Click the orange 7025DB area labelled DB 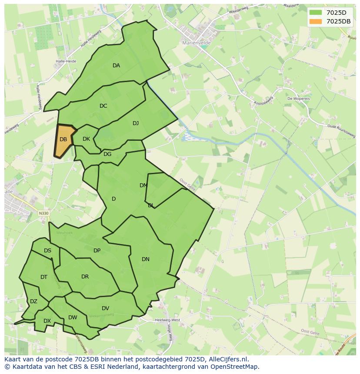tap(63, 140)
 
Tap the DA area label tap(116, 66)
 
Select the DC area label tap(103, 106)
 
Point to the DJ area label tap(136, 123)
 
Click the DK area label tap(86, 139)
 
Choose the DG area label tap(107, 154)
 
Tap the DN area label tap(146, 259)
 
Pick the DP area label tap(97, 251)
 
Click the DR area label tap(85, 277)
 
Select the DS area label tap(47, 251)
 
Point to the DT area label tap(44, 277)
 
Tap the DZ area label tap(33, 301)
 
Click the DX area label tap(47, 321)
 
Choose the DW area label tap(73, 318)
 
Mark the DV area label tap(105, 308)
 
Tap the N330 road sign tap(43, 213)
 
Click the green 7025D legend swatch tap(316, 13)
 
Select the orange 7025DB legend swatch tap(316, 21)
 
